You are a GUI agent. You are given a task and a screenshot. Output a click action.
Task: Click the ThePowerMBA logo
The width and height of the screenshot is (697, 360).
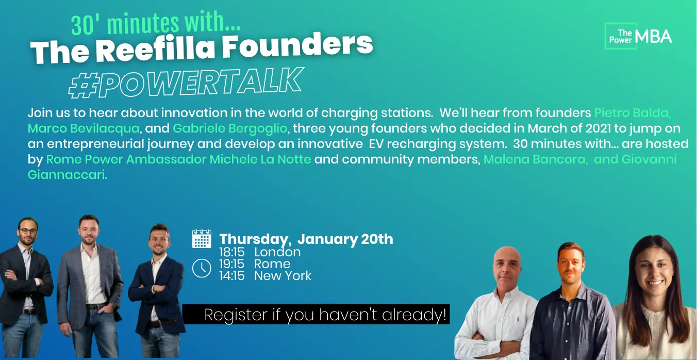638,36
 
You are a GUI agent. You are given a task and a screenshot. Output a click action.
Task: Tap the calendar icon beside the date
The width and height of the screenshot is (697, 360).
202,239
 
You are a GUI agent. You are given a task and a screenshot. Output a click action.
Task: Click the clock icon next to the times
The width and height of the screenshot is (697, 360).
202,268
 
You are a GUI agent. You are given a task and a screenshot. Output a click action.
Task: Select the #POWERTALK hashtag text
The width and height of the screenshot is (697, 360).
186,83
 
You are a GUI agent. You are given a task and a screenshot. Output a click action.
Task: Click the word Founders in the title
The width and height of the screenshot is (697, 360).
297,45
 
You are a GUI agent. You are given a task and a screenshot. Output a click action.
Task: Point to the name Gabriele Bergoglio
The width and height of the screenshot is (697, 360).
230,128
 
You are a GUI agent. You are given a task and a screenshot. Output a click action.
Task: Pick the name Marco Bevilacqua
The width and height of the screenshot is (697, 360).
84,128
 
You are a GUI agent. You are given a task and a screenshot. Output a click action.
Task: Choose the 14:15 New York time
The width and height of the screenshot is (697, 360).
265,275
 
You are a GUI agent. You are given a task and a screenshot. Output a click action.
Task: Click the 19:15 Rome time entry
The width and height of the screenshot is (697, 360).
255,264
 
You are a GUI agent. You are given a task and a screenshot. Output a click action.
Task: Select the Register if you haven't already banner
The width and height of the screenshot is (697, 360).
316,314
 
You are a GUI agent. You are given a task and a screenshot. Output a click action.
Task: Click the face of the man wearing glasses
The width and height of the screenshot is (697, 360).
28,232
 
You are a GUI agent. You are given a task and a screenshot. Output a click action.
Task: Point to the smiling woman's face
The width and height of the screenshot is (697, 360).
654,271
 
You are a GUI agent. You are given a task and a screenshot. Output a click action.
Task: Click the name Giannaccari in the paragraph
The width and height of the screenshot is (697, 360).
67,175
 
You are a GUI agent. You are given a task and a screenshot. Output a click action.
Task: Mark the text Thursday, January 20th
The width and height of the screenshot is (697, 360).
306,239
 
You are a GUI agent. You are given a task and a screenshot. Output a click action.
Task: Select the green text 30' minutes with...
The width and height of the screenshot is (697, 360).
156,24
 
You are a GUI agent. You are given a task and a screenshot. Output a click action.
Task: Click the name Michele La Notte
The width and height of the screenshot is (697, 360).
260,159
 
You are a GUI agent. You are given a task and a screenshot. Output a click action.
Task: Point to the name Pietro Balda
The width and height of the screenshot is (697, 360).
632,113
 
